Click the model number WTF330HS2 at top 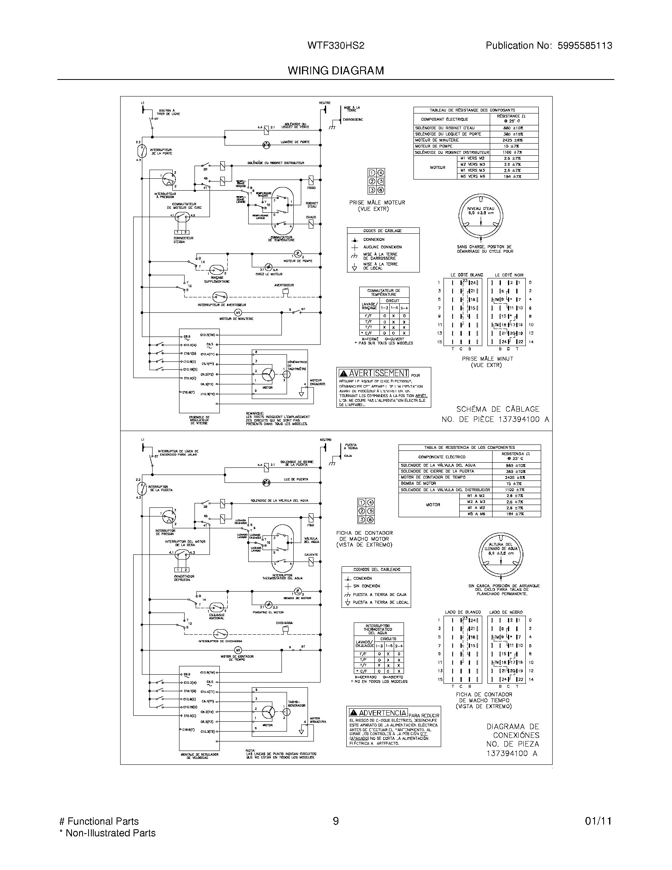pos(336,46)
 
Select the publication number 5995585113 pos(584,46)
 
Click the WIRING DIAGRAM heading pos(336,70)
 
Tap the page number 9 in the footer pos(336,821)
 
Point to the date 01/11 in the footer pos(598,821)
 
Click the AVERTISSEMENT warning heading pos(378,373)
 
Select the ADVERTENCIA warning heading pos(383,713)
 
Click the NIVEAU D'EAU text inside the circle pos(481,208)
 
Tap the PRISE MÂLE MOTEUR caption pos(377,202)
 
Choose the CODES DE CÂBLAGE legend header pos(382,231)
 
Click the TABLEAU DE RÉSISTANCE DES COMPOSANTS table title pos(472,110)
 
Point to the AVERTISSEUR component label pos(284,285)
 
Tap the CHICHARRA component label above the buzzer pos(284,622)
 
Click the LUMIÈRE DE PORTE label pos(295,142)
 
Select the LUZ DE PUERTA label pos(296,479)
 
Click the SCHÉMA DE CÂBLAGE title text pos(498,409)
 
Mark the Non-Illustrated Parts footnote pos(108,833)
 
